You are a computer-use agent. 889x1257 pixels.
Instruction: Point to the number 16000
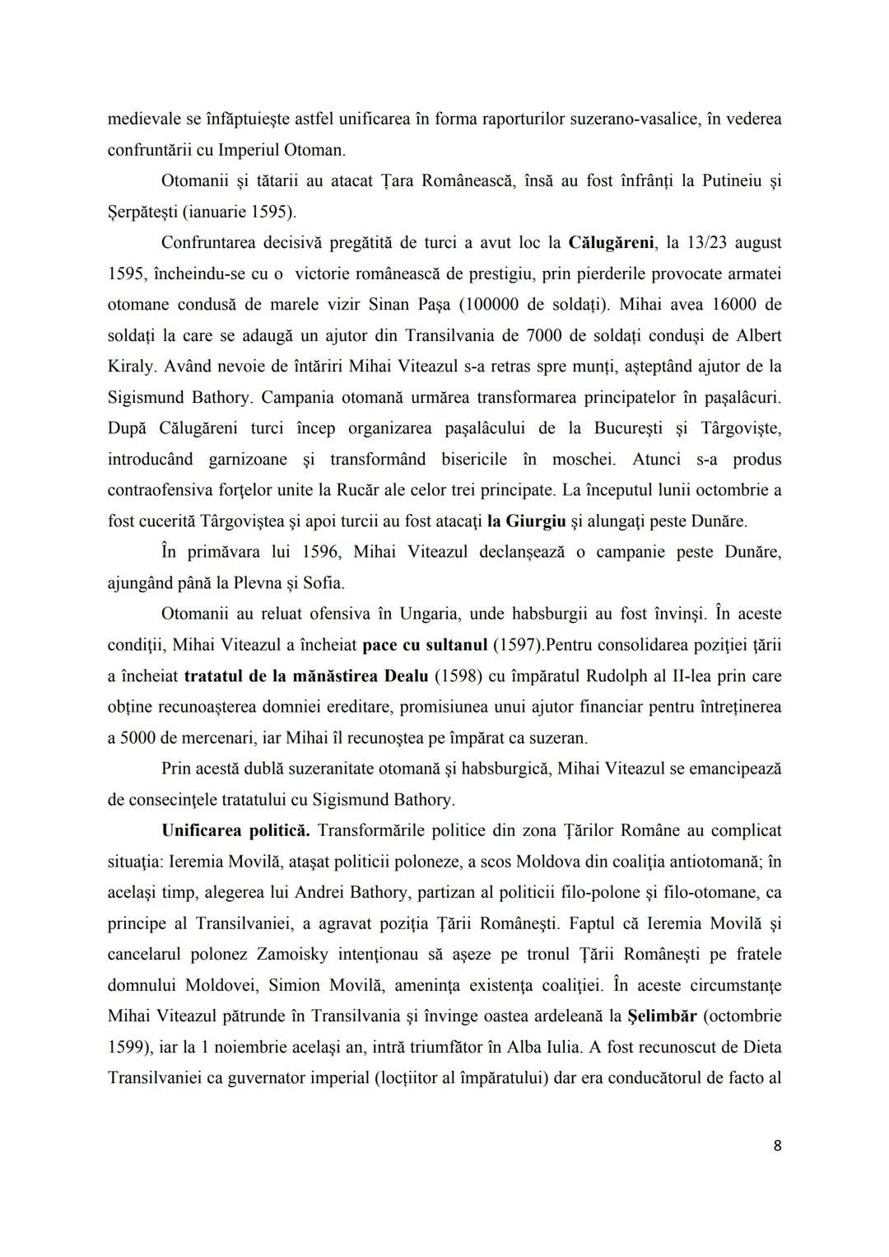pyautogui.click(x=724, y=305)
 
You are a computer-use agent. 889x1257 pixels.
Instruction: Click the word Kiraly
pyautogui.click(x=128, y=367)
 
